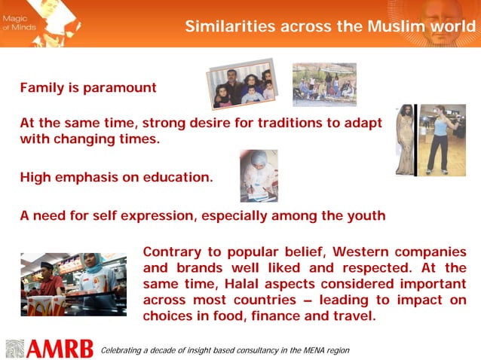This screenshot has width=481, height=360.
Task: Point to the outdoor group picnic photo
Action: (x=323, y=84)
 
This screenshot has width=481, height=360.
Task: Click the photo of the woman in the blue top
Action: (x=441, y=140)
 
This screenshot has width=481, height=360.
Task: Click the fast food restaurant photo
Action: (x=73, y=284)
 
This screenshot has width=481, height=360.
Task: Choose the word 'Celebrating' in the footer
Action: (x=123, y=350)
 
